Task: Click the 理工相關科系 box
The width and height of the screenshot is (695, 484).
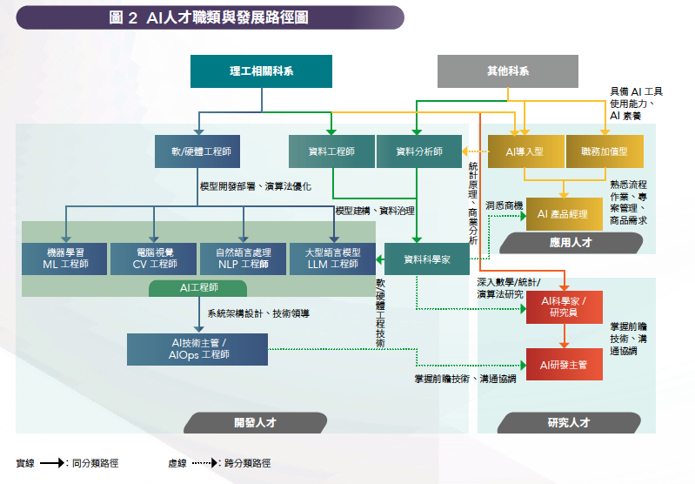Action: (261, 71)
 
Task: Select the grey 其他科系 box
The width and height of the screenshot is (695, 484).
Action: (507, 71)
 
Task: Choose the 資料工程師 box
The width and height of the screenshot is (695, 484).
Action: (331, 151)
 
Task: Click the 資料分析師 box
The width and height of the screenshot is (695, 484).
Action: (418, 151)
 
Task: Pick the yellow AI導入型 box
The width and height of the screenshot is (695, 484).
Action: (525, 151)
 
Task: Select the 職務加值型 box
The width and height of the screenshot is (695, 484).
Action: (605, 151)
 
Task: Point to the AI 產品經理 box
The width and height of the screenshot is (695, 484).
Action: (564, 213)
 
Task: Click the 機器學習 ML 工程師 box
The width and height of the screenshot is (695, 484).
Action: (65, 258)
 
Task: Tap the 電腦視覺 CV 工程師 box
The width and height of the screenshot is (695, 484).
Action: (154, 258)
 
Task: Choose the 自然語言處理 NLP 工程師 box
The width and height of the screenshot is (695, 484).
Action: (243, 258)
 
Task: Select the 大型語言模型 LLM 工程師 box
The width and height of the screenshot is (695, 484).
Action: (331, 258)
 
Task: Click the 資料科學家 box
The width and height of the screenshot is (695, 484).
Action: (427, 259)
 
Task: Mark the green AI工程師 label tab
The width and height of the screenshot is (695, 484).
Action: (197, 288)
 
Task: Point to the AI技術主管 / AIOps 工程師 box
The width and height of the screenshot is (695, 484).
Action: (197, 349)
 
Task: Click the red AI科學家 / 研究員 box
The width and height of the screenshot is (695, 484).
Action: (564, 306)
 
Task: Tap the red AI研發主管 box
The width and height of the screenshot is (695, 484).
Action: (564, 364)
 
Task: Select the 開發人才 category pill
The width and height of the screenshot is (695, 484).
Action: (255, 423)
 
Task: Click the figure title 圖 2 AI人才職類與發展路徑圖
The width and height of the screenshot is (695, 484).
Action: (209, 17)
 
